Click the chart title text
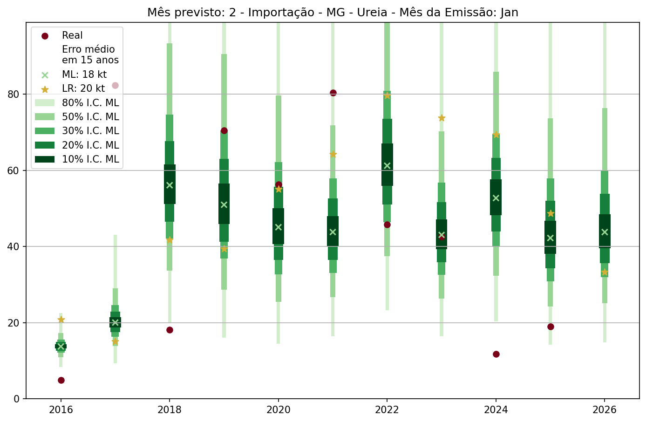(x=333, y=13)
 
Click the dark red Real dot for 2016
(x=61, y=380)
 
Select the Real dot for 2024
(x=496, y=354)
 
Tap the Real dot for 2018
(x=170, y=330)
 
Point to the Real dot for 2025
(x=551, y=327)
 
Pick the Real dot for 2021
(x=333, y=93)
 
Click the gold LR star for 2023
(x=442, y=118)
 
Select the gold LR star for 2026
(x=605, y=272)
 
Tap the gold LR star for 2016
(x=61, y=319)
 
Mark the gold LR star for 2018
(x=170, y=239)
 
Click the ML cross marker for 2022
(x=387, y=165)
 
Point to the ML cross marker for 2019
(x=224, y=204)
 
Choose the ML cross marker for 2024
(x=496, y=198)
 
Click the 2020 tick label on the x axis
(x=279, y=410)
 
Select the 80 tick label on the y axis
(x=14, y=94)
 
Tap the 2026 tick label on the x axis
(x=605, y=410)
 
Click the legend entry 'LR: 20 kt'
(x=83, y=88)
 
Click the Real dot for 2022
(x=387, y=225)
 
